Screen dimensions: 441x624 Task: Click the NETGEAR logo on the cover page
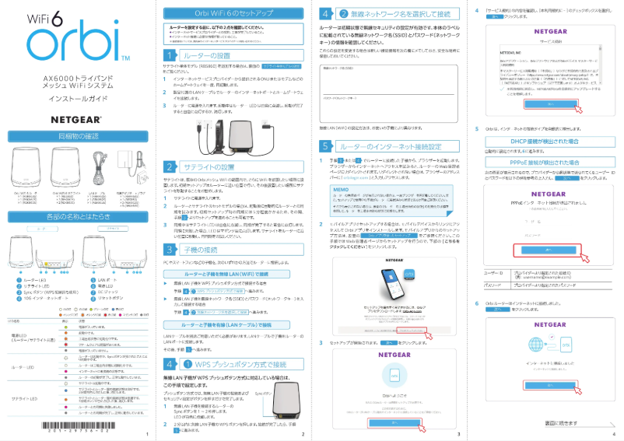[x=75, y=120]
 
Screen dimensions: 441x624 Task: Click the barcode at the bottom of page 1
[x=74, y=426]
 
